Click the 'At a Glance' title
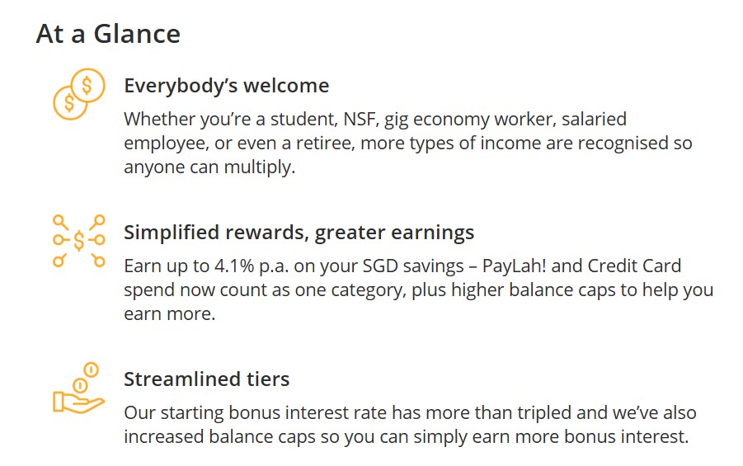[108, 35]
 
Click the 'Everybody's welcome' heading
[226, 86]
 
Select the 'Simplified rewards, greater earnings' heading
[299, 233]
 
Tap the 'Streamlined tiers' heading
[206, 379]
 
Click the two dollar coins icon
[78, 94]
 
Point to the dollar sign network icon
[78, 240]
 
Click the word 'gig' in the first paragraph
[398, 120]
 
